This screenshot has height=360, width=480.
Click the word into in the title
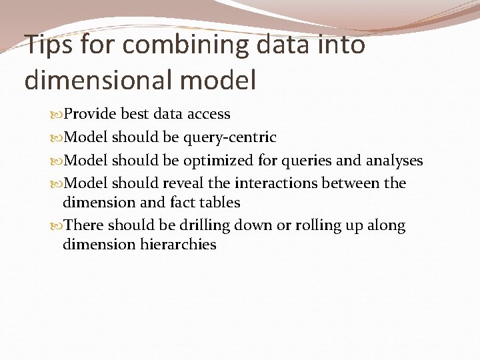[x=339, y=45]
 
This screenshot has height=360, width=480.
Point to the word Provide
[x=90, y=114]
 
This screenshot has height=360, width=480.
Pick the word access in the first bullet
[x=208, y=114]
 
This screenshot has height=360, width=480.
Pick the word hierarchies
[x=178, y=245]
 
